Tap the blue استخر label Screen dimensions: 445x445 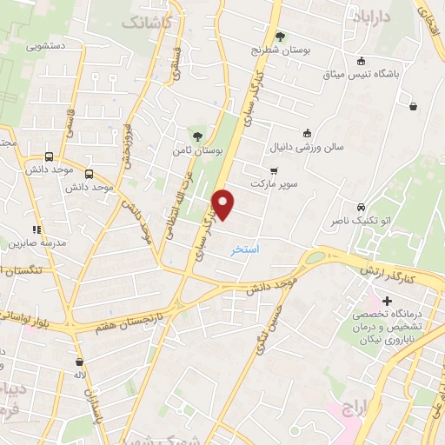[x=247, y=249]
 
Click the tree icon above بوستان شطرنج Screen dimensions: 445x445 [x=280, y=36]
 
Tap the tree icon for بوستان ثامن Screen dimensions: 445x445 [x=198, y=136]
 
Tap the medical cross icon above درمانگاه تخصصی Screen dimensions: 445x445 [x=387, y=301]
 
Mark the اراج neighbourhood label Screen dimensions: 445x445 [x=356, y=408]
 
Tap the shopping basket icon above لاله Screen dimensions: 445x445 [x=79, y=362]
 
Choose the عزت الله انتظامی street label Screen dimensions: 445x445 [x=185, y=192]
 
